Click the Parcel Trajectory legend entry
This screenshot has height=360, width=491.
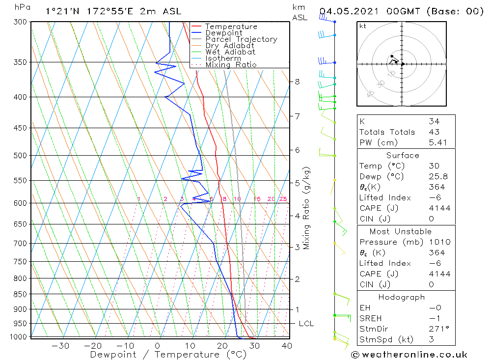[241, 39]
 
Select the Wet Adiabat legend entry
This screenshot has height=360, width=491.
[230, 52]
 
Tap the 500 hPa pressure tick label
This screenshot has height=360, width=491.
[20, 156]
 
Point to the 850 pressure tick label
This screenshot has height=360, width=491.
[20, 294]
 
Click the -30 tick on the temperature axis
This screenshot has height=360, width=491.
[60, 346]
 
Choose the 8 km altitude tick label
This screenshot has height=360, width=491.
[298, 82]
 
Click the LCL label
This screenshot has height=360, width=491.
[306, 324]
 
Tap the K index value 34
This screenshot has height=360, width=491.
[434, 121]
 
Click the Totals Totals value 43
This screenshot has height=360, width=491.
[434, 132]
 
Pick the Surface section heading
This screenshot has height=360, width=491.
[403, 155]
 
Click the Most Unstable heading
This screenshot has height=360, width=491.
[401, 231]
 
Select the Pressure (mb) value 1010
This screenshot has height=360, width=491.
[439, 242]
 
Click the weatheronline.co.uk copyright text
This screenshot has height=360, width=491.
[409, 355]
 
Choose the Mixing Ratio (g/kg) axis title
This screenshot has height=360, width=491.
[307, 208]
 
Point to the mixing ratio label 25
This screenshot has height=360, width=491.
[283, 199]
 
